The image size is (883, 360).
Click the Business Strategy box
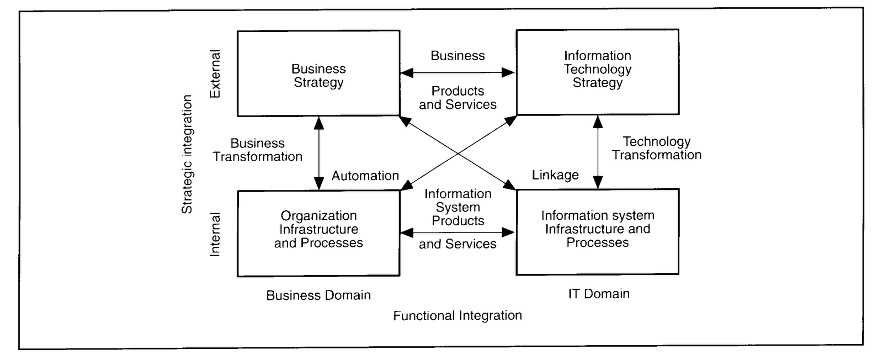318,73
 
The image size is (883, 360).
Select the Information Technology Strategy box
597,72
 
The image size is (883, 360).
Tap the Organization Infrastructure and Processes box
318,232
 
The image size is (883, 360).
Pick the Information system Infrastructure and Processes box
597,231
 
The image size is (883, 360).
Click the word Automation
365,176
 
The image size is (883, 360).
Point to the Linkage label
555,176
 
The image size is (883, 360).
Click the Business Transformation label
258,150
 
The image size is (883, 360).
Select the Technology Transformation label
657,149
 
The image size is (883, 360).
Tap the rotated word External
215,74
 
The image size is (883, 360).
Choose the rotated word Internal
215,234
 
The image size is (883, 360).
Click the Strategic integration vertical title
188,154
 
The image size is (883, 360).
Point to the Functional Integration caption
458,316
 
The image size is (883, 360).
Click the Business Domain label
318,295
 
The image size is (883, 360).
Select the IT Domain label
599,294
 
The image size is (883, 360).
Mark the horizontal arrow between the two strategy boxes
458,72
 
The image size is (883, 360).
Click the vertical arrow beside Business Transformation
318,153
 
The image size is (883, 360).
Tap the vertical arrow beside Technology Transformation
597,152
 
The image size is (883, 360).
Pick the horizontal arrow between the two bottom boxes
458,233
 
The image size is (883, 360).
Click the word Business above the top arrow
458,56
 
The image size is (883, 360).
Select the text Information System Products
458,208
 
